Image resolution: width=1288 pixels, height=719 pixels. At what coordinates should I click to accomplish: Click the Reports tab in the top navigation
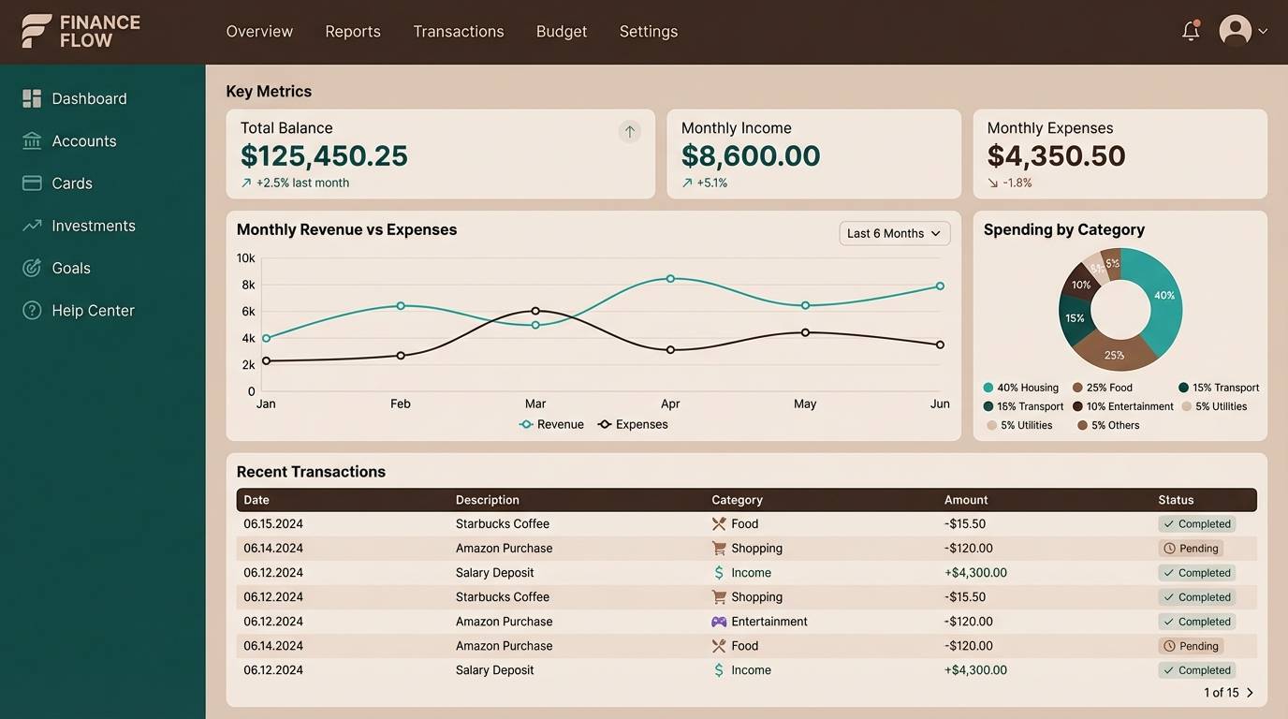pos(352,31)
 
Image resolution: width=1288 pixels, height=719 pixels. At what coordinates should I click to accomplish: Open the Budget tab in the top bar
pos(561,31)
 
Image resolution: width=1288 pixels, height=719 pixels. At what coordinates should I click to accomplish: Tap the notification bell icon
pos(1190,31)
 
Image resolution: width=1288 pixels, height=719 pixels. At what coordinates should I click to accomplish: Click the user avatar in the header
pos(1235,30)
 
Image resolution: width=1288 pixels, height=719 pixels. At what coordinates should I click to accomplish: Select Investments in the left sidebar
pos(93,226)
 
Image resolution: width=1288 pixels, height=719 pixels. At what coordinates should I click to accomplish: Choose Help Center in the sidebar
pos(93,310)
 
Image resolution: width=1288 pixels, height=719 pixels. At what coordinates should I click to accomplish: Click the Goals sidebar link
pos(71,268)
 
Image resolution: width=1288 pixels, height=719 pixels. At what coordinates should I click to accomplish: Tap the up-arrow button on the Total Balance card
pos(629,132)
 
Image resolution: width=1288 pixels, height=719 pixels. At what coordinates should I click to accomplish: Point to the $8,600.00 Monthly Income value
pos(750,155)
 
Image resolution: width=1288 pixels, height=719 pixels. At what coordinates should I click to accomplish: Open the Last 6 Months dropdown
pos(894,233)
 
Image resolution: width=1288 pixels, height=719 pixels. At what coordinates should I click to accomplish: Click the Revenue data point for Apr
pos(670,278)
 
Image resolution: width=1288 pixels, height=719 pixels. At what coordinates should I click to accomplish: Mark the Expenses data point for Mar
pos(535,311)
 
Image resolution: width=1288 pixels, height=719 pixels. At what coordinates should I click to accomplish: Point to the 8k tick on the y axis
pos(248,285)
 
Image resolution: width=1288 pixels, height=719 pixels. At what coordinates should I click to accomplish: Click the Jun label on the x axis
pos(940,404)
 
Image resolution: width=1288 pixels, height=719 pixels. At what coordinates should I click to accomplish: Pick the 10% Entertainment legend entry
pos(1123,406)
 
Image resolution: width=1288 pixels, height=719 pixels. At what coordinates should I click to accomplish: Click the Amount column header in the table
pos(965,500)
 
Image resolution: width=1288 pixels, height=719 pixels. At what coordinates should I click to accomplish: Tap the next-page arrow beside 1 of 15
pos(1250,693)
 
